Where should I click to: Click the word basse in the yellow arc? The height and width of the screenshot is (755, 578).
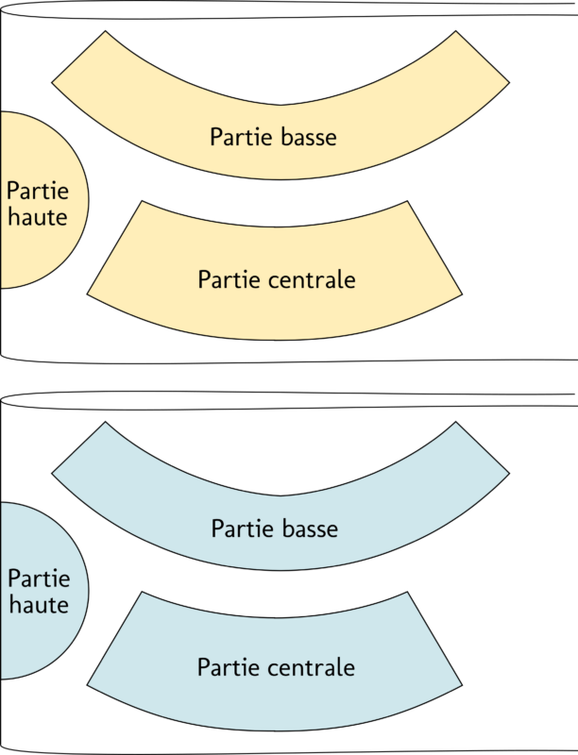pyautogui.click(x=309, y=137)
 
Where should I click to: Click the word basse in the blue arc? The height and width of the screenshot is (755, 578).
pyautogui.click(x=309, y=528)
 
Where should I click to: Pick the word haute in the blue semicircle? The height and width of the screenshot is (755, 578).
pyautogui.click(x=38, y=604)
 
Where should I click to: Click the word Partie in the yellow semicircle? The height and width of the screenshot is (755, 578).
pyautogui.click(x=38, y=192)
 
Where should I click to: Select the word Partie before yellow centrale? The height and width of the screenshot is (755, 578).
pyautogui.click(x=227, y=280)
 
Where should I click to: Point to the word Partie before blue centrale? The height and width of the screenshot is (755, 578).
pyautogui.click(x=227, y=667)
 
